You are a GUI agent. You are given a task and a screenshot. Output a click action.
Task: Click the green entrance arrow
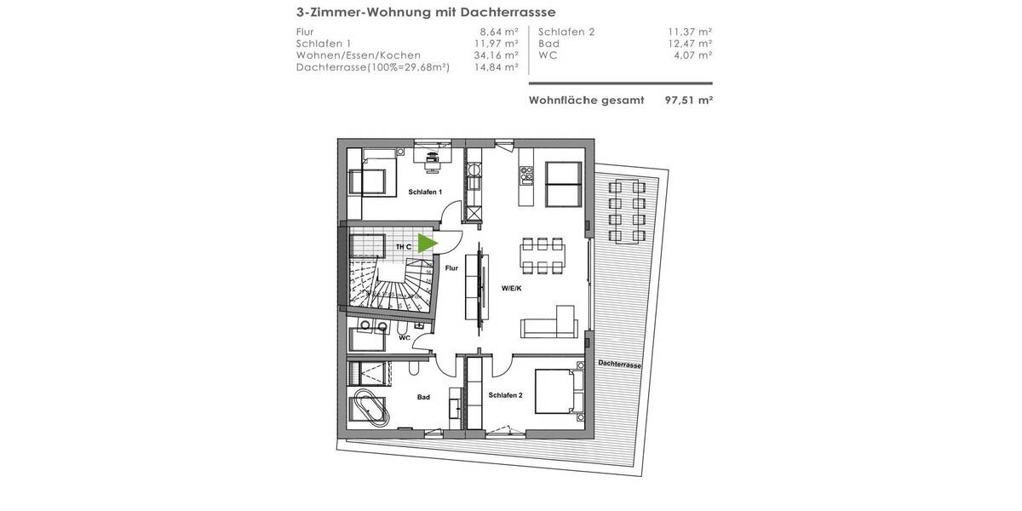(428, 244)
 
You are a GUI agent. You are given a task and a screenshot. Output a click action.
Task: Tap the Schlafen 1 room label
(425, 192)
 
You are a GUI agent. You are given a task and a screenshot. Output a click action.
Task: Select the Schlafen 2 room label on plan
(505, 396)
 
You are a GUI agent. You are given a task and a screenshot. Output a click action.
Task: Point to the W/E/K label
(511, 288)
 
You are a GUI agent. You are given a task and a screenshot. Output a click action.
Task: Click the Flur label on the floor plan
(451, 267)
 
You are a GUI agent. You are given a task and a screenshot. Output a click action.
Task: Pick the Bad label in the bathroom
(423, 397)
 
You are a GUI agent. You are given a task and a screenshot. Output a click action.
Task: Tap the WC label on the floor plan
(405, 337)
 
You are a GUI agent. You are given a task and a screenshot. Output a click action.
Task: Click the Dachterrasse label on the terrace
(619, 364)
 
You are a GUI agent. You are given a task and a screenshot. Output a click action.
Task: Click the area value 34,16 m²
(496, 55)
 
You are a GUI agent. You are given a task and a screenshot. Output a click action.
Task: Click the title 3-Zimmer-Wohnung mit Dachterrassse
(426, 13)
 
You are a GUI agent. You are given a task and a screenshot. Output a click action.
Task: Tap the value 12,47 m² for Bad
(689, 43)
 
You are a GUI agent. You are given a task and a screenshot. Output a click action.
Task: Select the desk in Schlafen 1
(433, 156)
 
